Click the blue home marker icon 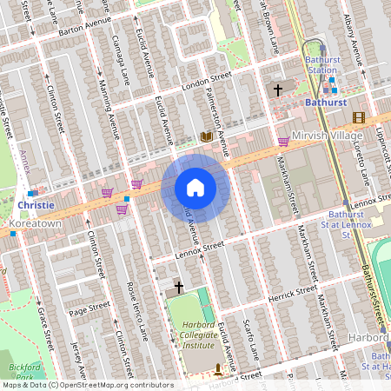tap(195, 187)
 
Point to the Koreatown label tap(34, 223)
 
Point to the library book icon tap(207, 136)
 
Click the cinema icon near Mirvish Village tap(359, 117)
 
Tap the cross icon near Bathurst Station tap(278, 89)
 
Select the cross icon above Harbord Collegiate tap(179, 286)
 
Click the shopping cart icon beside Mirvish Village tap(283, 140)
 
